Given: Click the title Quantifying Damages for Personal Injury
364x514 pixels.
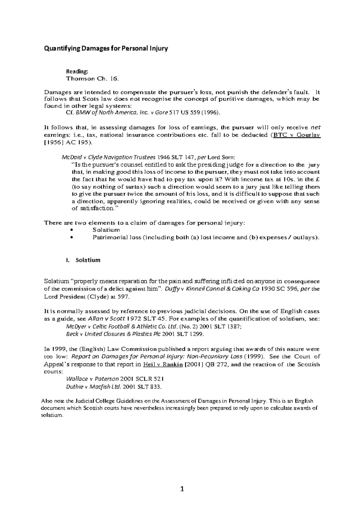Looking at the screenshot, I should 106,48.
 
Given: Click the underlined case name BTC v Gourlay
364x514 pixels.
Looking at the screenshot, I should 297,135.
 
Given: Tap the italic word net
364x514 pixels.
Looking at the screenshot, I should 316,127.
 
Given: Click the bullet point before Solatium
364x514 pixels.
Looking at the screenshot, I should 71,230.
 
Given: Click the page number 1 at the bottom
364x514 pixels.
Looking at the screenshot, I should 182,489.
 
